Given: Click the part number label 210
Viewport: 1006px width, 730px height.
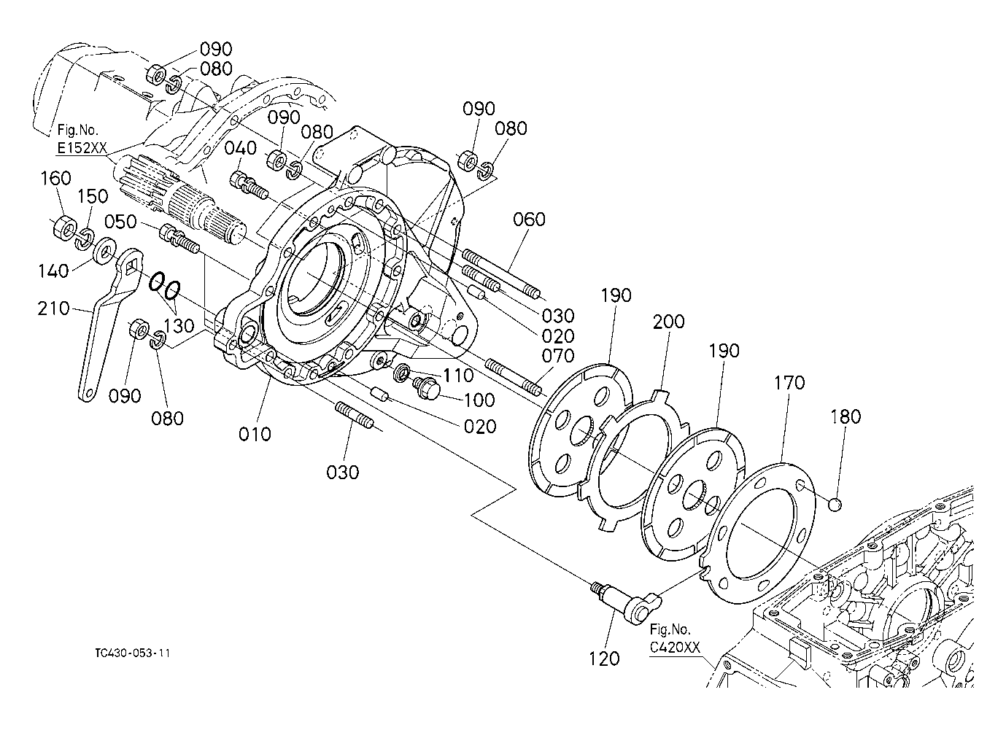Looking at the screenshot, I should click(53, 308).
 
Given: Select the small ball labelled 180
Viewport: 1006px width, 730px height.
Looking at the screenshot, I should click(836, 504).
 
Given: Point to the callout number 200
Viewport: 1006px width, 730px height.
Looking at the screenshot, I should click(669, 322).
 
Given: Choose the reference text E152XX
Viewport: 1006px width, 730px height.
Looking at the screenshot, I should click(82, 149).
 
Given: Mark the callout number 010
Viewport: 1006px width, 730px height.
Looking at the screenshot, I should click(255, 434).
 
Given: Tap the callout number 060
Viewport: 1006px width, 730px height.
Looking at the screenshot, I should click(529, 219).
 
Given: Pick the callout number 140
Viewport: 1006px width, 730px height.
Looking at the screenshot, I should click(53, 271).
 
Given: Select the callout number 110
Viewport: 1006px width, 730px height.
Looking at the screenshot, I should click(458, 376).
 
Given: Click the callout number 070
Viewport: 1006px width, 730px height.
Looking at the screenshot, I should click(560, 356).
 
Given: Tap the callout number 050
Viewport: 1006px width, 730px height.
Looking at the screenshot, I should click(121, 222).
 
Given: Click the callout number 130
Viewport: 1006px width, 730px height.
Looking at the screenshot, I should click(178, 326).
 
